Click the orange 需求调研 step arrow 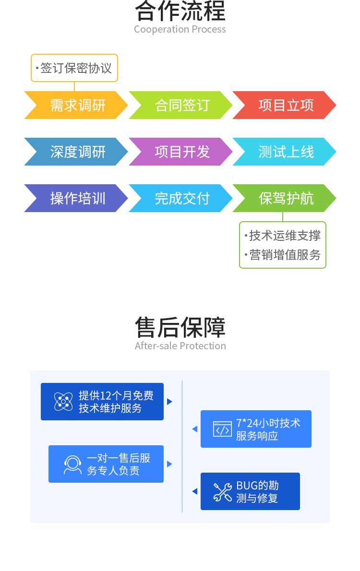77,105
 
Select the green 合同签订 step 181,105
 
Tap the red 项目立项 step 286,105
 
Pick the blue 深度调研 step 77,152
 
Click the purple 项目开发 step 181,152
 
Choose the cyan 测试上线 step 286,152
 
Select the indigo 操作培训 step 77,198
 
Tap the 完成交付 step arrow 181,198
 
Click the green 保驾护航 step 286,198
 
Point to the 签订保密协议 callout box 74,68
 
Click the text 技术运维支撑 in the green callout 285,236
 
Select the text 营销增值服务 285,255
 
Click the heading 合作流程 180,11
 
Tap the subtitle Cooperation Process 180,29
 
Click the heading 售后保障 180,327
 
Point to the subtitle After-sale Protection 180,346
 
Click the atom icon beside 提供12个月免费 63,402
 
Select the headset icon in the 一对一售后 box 72,464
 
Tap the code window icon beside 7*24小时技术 222,429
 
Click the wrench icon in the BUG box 222,492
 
